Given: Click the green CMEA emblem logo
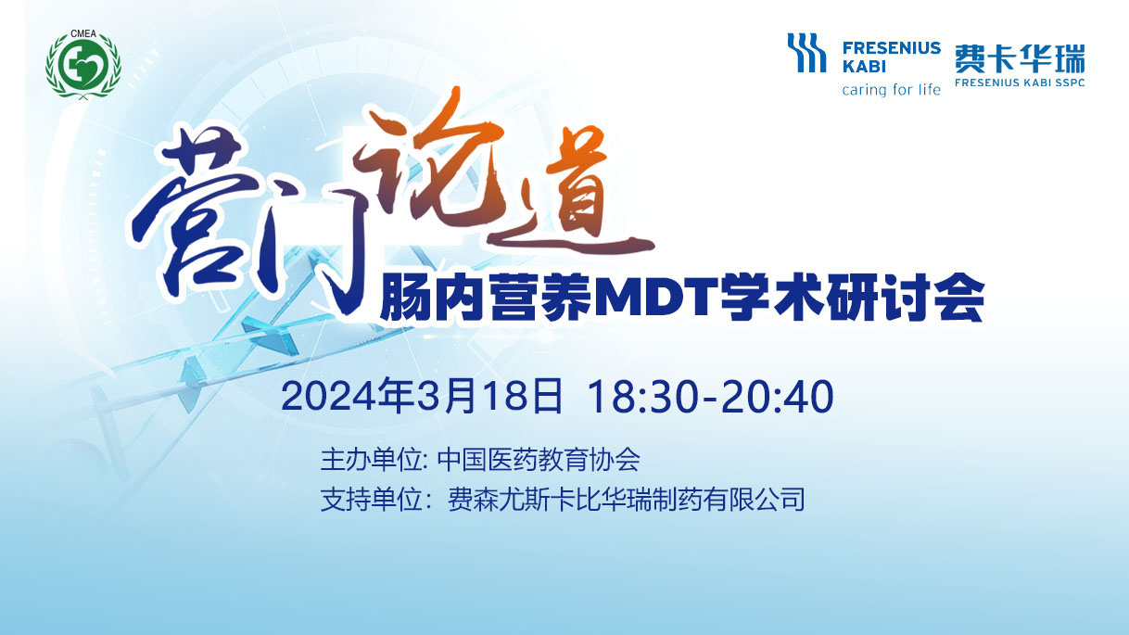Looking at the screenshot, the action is (83, 65).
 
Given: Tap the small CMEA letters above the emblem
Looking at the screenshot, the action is (83, 34).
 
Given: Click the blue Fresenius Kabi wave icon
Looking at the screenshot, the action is (807, 53).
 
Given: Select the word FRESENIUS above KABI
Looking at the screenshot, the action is (892, 48).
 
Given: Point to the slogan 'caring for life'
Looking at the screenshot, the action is (891, 90).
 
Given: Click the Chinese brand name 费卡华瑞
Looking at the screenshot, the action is (1020, 59).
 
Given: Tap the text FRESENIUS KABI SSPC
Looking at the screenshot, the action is (1020, 83).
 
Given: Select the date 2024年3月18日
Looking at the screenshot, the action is (422, 396).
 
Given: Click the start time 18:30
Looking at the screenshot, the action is (642, 397).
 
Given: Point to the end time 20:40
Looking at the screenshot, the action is (778, 397).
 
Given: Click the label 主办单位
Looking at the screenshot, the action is (371, 459).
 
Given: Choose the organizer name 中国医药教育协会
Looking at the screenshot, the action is (539, 459).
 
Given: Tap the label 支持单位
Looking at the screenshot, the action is (371, 499).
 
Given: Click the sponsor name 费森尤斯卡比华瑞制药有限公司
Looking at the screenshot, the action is (627, 499).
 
